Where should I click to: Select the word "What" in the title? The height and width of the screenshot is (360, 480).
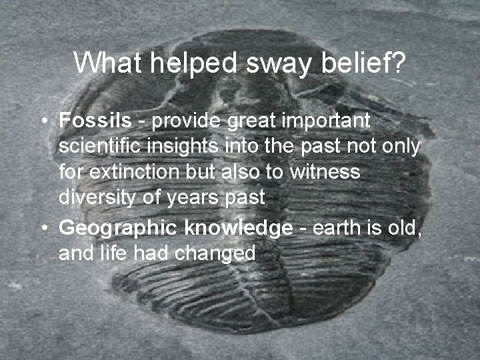(104, 63)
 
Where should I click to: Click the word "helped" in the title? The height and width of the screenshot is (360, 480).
(181, 63)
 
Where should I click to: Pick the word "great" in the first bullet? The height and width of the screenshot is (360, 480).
(248, 121)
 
